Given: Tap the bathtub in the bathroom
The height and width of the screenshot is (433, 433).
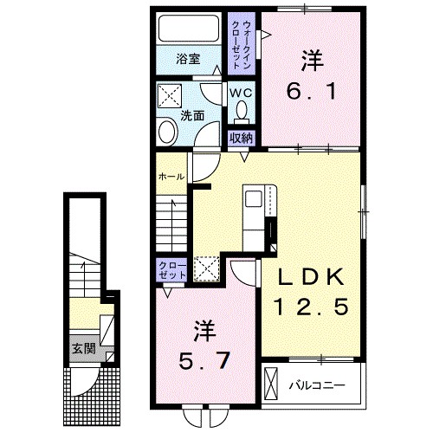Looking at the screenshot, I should (189, 30).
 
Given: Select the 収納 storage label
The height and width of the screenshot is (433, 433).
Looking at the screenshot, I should (240, 137).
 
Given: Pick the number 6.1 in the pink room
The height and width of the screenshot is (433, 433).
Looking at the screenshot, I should (313, 90).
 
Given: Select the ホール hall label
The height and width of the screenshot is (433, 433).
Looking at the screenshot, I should (170, 178).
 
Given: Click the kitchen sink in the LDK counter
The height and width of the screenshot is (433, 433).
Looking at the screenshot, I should (255, 199).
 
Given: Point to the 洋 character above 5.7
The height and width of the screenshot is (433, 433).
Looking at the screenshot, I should (204, 329).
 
